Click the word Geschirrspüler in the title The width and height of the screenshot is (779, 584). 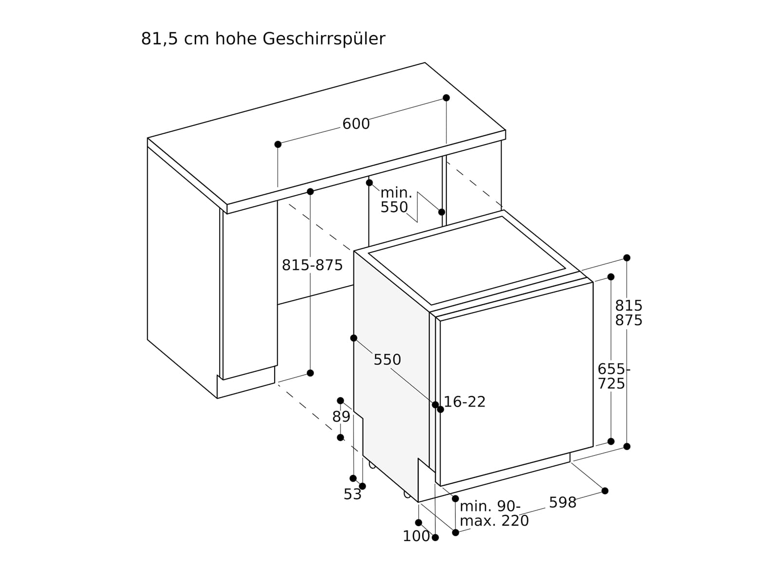[324, 39]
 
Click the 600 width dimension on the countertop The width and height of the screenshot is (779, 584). [356, 124]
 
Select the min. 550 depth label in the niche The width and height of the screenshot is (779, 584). [395, 200]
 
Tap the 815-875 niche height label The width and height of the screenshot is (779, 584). [312, 265]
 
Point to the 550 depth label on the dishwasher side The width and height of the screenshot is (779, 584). [387, 360]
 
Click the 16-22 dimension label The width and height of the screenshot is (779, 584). [465, 402]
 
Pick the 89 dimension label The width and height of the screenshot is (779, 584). [341, 417]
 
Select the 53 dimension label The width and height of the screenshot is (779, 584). [352, 494]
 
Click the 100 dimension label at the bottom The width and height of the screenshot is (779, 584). [416, 536]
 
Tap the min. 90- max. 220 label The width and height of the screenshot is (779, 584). [493, 514]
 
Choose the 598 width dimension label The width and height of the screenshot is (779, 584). [562, 503]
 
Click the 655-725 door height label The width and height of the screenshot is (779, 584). [612, 376]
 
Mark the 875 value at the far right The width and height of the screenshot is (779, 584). [629, 321]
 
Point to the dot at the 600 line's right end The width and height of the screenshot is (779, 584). [446, 98]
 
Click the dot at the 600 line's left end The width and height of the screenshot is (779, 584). [278, 145]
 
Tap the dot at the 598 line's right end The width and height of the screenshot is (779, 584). [605, 491]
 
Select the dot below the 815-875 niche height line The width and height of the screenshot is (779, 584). [310, 373]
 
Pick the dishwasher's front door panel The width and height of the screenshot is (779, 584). [516, 384]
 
